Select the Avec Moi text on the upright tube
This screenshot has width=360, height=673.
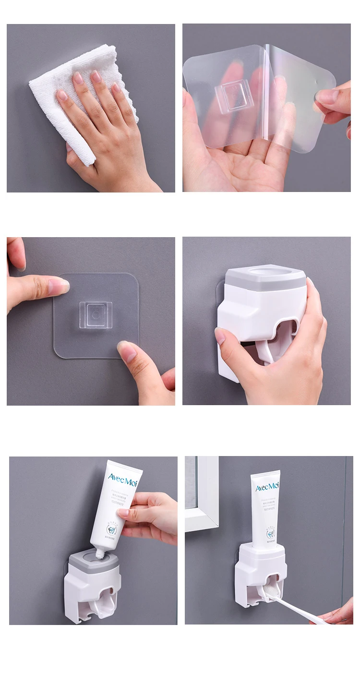266,488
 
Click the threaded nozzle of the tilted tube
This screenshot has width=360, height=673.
100,553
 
